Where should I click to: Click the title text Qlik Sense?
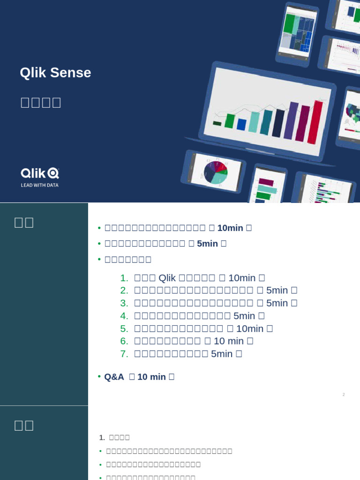click(x=55, y=73)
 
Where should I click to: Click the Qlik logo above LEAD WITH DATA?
click(x=39, y=173)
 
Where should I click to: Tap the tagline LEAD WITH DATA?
click(x=39, y=185)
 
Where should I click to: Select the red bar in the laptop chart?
click(x=315, y=122)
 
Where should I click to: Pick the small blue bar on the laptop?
click(x=241, y=125)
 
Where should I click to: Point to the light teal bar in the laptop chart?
click(x=254, y=122)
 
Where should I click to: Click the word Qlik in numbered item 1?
click(x=167, y=277)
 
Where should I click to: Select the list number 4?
click(x=124, y=316)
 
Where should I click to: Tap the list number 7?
click(x=124, y=354)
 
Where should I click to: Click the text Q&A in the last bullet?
click(x=114, y=377)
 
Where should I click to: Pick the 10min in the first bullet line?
click(x=230, y=228)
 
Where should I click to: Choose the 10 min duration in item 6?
click(x=229, y=341)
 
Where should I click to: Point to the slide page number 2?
click(x=344, y=395)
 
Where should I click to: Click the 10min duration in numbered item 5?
click(x=249, y=329)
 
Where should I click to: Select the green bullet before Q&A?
click(x=99, y=376)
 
